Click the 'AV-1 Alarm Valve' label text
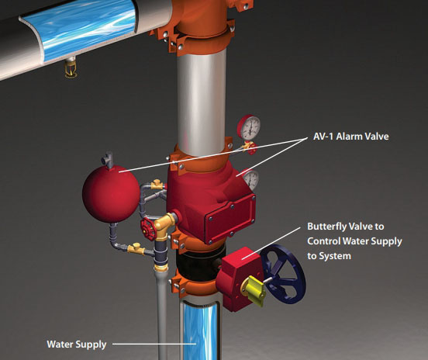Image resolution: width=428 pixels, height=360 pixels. [x=350, y=136]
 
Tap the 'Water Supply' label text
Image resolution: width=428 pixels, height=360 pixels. [x=77, y=344]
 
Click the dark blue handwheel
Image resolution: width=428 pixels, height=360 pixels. [x=283, y=274]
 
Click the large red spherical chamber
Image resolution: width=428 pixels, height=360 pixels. [x=111, y=193]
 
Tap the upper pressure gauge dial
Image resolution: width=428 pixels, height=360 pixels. [x=249, y=127]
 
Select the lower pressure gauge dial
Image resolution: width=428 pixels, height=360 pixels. [x=251, y=180]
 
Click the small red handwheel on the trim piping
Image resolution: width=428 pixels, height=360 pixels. [x=147, y=229]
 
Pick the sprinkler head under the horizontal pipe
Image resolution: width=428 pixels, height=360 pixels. [x=71, y=68]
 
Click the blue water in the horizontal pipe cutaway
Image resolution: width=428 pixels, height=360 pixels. [x=79, y=30]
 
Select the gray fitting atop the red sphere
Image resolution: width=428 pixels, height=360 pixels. [x=108, y=160]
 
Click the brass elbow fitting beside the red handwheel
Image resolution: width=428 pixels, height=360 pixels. [x=164, y=225]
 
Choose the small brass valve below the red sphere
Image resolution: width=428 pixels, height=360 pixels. [x=136, y=248]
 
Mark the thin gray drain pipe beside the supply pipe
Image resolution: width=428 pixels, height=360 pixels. [x=162, y=314]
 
